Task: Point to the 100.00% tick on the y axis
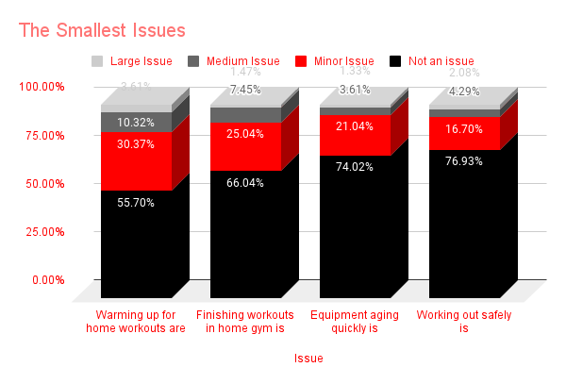[x=42, y=87]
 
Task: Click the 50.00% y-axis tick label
[x=44, y=183]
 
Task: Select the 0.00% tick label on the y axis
[x=47, y=280]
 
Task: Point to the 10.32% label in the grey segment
[x=136, y=123]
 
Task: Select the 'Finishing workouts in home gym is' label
[x=245, y=321]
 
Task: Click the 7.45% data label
[x=245, y=89]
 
